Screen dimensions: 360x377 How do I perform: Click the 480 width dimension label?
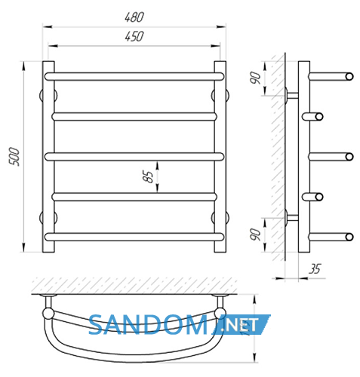[134, 17]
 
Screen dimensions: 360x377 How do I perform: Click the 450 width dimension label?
[134, 36]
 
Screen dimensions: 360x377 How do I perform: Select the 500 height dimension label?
[14, 156]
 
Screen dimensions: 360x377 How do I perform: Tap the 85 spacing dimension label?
[148, 176]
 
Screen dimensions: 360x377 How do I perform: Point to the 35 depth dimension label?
[315, 268]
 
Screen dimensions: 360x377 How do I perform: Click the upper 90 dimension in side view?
[256, 78]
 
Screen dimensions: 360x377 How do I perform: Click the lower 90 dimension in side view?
[256, 234]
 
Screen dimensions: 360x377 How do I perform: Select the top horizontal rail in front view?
[134, 76]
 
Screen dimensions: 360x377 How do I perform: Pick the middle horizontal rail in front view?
[134, 157]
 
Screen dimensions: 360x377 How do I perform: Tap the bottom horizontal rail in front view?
[134, 237]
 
